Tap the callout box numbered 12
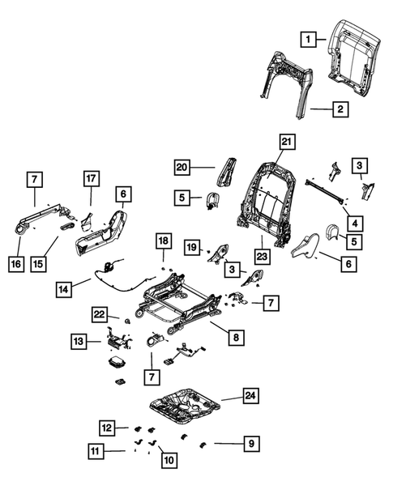click(108, 427)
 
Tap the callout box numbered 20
click(182, 168)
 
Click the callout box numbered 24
click(251, 396)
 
